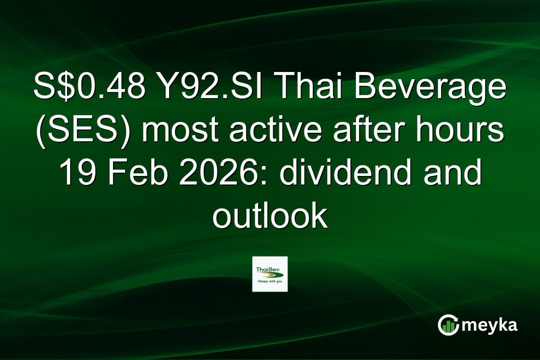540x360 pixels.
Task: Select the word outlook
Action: pyautogui.click(x=270, y=216)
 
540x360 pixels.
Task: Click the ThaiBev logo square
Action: pyautogui.click(x=270, y=274)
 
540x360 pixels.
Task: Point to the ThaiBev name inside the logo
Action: pyautogui.click(x=267, y=269)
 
